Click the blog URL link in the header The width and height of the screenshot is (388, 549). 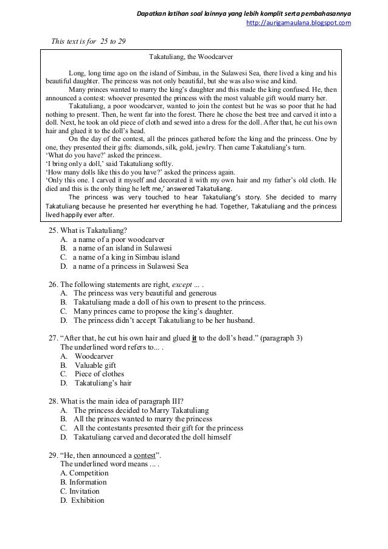(x=298, y=23)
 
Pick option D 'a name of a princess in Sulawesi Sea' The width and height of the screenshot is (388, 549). (x=131, y=266)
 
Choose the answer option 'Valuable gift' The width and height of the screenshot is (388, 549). (x=95, y=366)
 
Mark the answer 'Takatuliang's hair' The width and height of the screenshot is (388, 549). (x=103, y=384)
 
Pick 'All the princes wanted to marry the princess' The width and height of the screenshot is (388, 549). (x=143, y=420)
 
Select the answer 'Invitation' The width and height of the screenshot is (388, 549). (x=84, y=491)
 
